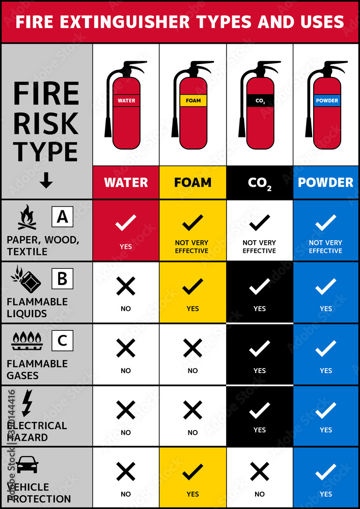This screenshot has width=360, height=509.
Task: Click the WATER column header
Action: (126, 182)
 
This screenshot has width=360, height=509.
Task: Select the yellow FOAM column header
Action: (192, 182)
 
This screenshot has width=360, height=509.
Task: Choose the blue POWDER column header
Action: (326, 182)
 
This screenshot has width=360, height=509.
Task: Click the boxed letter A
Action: (62, 217)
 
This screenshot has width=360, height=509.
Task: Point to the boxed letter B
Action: (62, 279)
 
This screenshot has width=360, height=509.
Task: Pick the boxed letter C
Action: (62, 340)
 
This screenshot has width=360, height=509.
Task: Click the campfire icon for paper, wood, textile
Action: (27, 217)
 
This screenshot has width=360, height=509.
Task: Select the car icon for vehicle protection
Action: (27, 464)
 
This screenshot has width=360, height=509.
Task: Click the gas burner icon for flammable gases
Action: (26, 341)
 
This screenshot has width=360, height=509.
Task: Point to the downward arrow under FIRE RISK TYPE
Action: (46, 181)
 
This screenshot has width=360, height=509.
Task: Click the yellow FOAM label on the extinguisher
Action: (193, 100)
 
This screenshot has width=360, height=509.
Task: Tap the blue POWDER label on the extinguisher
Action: (327, 100)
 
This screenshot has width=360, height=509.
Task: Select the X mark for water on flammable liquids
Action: (126, 287)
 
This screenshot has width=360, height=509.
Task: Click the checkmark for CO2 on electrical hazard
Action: (260, 410)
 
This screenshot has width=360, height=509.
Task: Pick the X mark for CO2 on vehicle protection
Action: (260, 472)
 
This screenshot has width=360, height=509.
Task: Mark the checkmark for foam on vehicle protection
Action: (192, 472)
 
